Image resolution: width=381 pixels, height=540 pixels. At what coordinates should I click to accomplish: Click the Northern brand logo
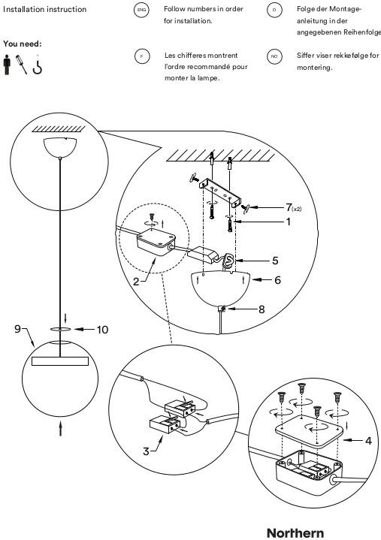pyautogui.click(x=295, y=532)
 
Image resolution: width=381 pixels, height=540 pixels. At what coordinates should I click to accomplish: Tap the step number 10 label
pyautogui.click(x=102, y=330)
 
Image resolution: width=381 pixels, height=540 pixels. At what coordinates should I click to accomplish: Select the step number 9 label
pyautogui.click(x=17, y=329)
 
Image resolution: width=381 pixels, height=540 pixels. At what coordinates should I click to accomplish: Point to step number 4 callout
pyautogui.click(x=368, y=440)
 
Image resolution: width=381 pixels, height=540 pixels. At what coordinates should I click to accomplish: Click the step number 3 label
pyautogui.click(x=146, y=451)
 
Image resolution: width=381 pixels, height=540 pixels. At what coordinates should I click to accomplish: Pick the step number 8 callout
pyautogui.click(x=262, y=309)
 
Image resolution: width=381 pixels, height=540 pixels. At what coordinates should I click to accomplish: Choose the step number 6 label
pyautogui.click(x=277, y=280)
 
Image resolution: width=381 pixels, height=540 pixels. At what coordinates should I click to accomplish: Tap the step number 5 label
pyautogui.click(x=275, y=261)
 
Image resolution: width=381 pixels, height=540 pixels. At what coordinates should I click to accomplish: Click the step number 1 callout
pyautogui.click(x=289, y=222)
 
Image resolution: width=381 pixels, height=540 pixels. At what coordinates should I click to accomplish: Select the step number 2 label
pyautogui.click(x=136, y=282)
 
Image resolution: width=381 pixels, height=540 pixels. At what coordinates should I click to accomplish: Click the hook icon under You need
pyautogui.click(x=38, y=66)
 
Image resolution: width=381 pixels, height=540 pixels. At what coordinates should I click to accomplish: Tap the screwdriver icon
pyautogui.click(x=21, y=65)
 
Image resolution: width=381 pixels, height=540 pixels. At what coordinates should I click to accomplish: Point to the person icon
pyautogui.click(x=7, y=65)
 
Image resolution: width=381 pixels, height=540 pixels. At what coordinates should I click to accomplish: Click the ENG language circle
pyautogui.click(x=141, y=10)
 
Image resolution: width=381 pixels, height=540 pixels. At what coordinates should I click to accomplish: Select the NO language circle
pyautogui.click(x=274, y=56)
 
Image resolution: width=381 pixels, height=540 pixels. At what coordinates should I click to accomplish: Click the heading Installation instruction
pyautogui.click(x=45, y=9)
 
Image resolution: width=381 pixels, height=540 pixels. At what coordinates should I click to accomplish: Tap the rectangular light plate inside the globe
pyautogui.click(x=60, y=361)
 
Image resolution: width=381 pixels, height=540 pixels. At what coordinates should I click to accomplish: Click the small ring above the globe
pyautogui.click(x=60, y=329)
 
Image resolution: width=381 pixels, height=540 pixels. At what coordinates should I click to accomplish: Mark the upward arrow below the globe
pyautogui.click(x=61, y=429)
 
